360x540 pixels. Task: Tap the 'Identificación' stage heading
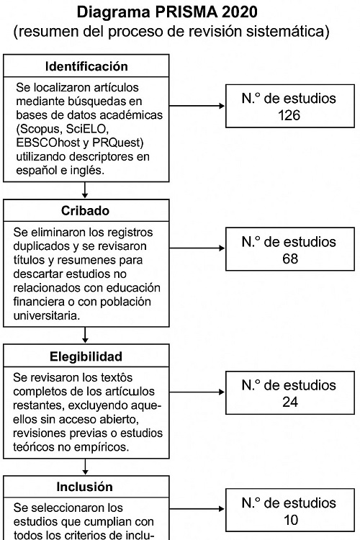pyautogui.click(x=86, y=66)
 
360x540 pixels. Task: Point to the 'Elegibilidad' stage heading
pyautogui.click(x=86, y=356)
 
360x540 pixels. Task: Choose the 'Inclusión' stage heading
pyautogui.click(x=86, y=487)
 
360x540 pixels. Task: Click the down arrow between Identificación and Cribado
pyautogui.click(x=86, y=191)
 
